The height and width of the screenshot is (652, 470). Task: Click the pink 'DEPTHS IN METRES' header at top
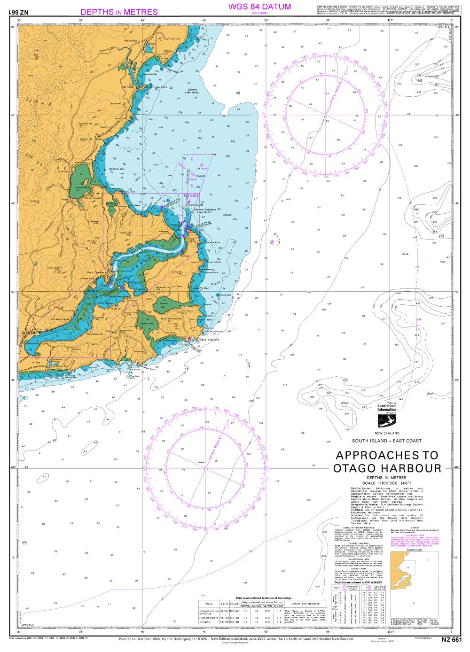coord(119,12)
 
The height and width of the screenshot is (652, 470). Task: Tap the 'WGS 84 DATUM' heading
coord(259,7)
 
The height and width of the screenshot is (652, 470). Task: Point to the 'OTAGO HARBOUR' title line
coord(387,468)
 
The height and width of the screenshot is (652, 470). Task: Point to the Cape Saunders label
coord(210,339)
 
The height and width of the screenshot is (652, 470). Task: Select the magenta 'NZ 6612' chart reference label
coord(191,195)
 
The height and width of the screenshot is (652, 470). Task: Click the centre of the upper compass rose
coord(325,114)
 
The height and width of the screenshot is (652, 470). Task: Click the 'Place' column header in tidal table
coord(207,604)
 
